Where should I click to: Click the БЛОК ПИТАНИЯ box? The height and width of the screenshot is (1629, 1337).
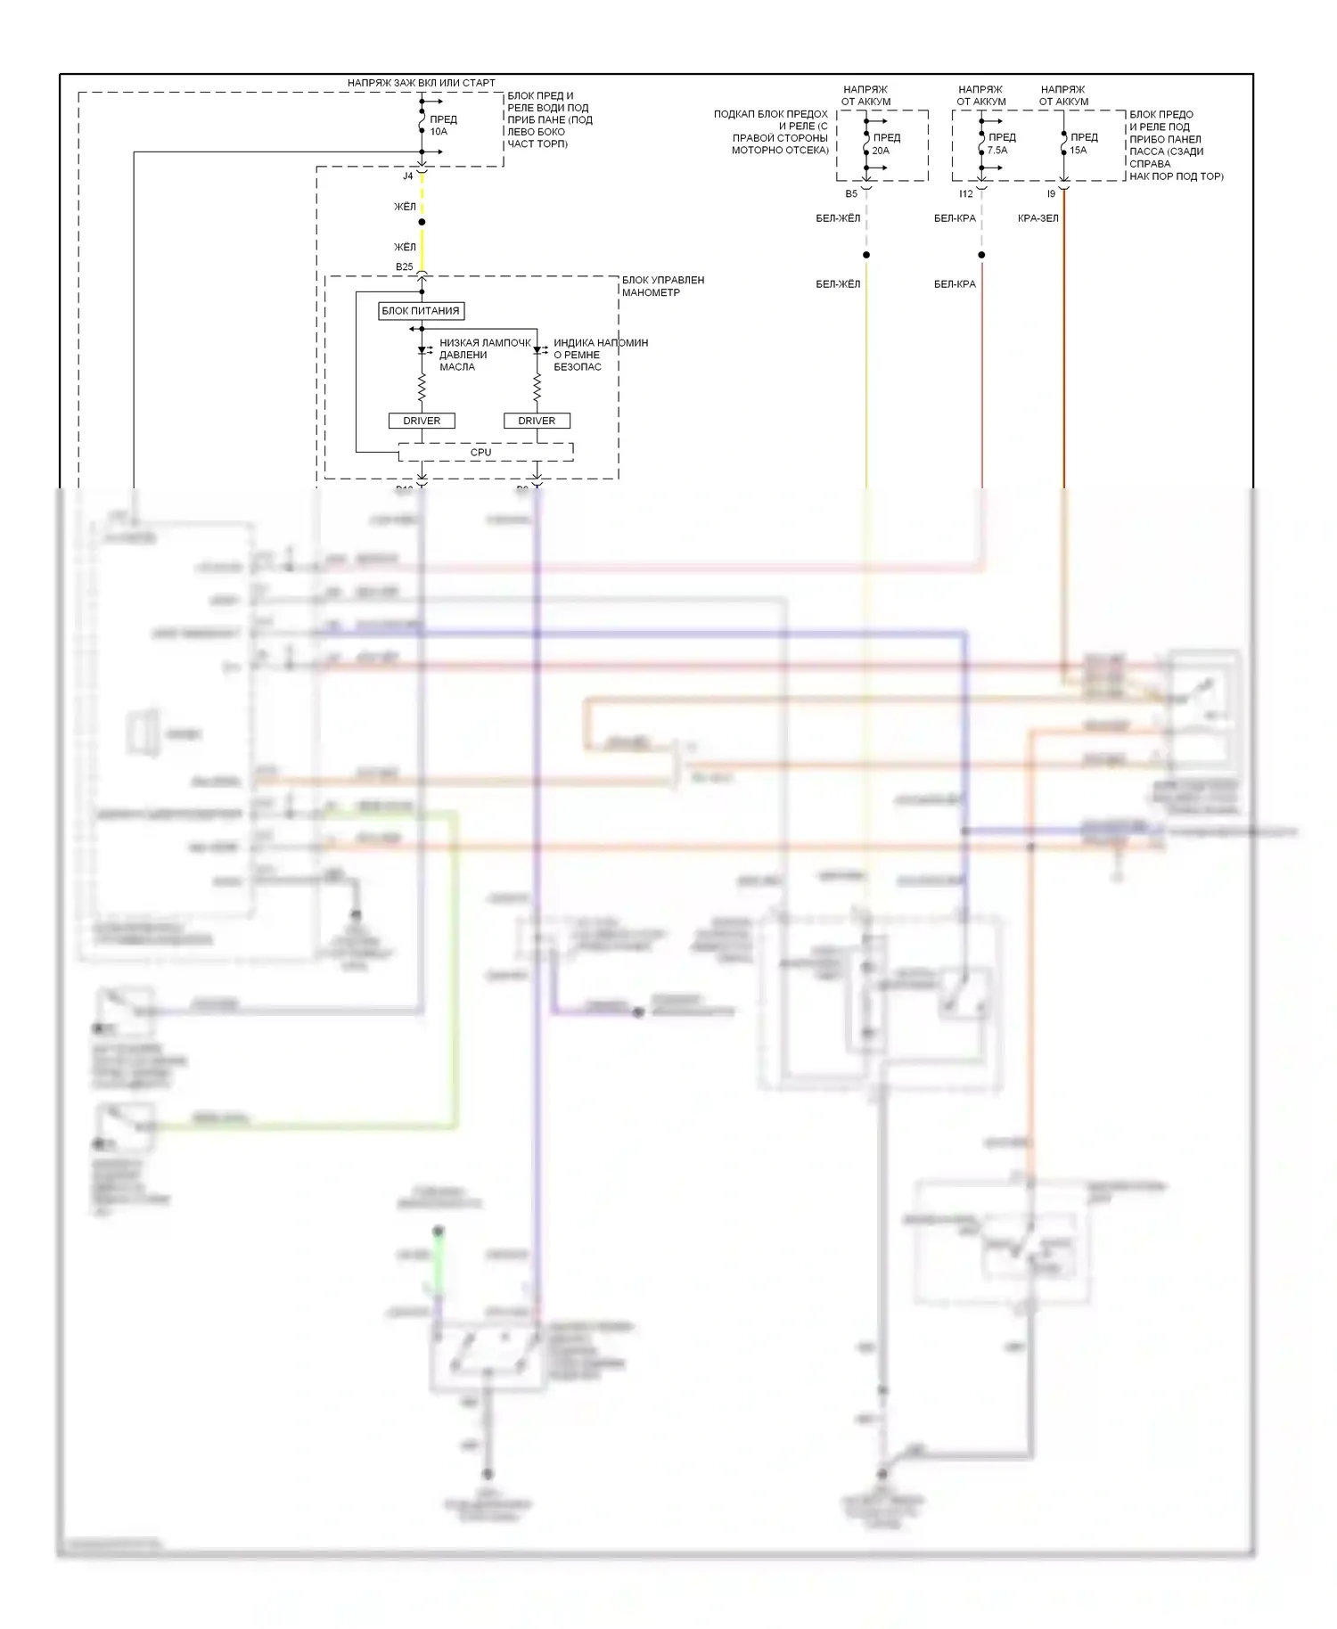[422, 311]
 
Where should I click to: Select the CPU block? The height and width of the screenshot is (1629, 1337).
[481, 453]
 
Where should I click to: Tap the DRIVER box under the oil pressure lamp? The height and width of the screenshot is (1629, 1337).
[422, 421]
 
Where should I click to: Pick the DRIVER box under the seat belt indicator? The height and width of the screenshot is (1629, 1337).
[537, 421]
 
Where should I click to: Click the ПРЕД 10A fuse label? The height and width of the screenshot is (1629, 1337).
[443, 126]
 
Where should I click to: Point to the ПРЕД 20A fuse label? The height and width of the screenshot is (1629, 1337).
[886, 144]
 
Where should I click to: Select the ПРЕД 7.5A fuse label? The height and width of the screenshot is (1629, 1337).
[1001, 143]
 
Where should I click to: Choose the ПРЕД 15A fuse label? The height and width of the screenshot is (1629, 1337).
[1083, 143]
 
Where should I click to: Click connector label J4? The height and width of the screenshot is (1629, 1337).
[408, 176]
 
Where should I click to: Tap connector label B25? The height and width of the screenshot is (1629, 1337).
[405, 267]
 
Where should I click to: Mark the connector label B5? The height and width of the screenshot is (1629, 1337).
[851, 194]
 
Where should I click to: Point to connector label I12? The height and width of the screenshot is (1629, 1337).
[966, 194]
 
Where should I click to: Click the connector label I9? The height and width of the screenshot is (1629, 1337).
[1051, 194]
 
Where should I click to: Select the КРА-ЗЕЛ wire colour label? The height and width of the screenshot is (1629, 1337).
[1038, 218]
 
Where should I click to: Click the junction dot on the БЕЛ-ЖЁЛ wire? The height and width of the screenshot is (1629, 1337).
[866, 255]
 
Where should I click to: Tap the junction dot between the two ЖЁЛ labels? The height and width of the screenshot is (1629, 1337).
[422, 222]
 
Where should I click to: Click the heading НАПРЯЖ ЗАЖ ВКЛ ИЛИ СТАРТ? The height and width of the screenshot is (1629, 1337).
[422, 83]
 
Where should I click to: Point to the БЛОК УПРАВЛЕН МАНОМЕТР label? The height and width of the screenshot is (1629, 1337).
[662, 286]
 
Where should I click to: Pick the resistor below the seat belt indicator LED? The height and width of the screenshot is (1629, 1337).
[537, 387]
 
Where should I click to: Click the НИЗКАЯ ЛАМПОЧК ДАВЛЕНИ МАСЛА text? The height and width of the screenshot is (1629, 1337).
[484, 355]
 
